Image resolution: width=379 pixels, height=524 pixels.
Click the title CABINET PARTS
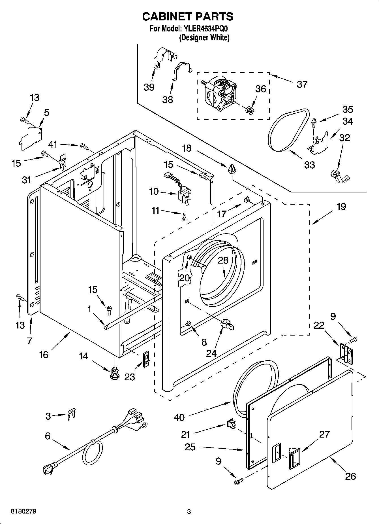[x=188, y=17]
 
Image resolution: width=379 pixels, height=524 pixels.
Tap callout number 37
[x=302, y=84]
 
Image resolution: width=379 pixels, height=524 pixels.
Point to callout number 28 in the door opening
[x=223, y=260]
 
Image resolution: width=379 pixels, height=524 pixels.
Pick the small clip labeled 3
[x=72, y=415]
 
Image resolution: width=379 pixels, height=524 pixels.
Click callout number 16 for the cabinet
[x=44, y=354]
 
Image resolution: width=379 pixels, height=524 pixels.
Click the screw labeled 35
[x=314, y=122]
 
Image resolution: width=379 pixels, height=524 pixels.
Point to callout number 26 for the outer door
[x=350, y=476]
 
